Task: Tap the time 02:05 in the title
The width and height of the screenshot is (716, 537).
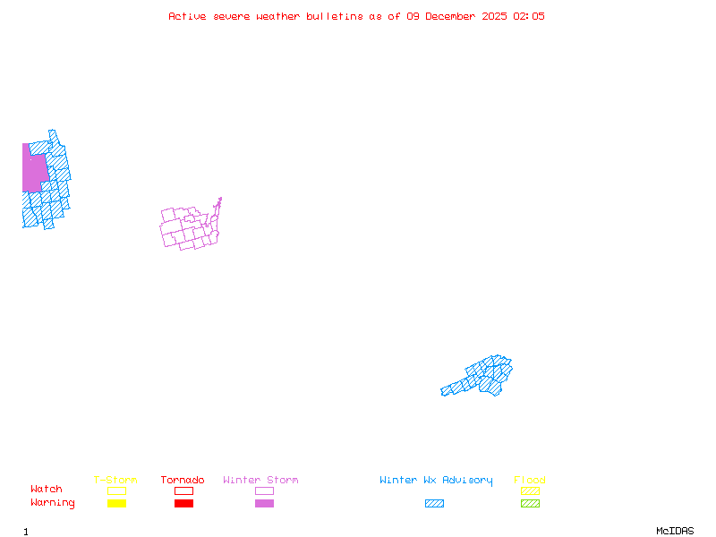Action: click(529, 16)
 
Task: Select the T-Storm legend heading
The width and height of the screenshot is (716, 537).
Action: click(115, 481)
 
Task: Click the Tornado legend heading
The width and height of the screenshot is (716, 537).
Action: click(183, 481)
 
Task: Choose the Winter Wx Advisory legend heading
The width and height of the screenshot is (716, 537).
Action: click(436, 481)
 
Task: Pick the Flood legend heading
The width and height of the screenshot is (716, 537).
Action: click(530, 481)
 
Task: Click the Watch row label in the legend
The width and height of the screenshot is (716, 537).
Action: click(47, 490)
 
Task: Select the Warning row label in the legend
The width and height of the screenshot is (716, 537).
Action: click(53, 503)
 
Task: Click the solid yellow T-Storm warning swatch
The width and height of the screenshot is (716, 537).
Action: click(116, 503)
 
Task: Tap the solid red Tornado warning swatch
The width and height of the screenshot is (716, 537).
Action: click(183, 503)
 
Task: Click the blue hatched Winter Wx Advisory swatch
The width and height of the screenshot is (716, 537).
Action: click(434, 503)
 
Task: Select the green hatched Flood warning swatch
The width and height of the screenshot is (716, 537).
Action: click(530, 503)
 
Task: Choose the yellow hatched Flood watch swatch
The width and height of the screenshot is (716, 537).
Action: click(530, 490)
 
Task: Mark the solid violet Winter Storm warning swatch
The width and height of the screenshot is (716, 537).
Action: click(264, 503)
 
